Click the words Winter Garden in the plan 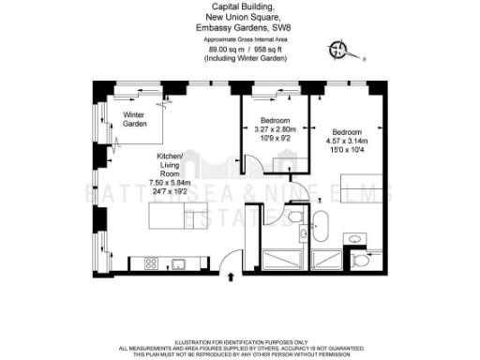[x=136, y=119]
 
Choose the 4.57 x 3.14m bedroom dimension [x=346, y=138]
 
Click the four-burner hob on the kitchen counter [x=150, y=263]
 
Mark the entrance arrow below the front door [x=232, y=277]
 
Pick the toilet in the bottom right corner [x=361, y=260]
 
